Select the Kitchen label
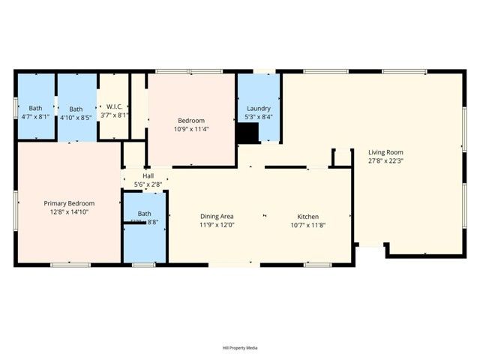[307, 216]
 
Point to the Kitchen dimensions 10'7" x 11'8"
[307, 225]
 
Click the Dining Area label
[216, 216]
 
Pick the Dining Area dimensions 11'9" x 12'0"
[216, 225]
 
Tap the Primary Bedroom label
[69, 203]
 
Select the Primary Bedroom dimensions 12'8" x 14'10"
[69, 212]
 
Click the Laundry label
[259, 108]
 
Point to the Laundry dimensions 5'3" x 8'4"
[259, 117]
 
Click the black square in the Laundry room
[247, 133]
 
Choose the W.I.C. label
[115, 106]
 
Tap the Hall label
[148, 176]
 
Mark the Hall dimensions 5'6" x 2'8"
[148, 184]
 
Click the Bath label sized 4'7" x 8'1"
[35, 108]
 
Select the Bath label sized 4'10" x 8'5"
[76, 108]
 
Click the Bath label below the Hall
[144, 214]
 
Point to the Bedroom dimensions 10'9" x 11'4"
[192, 129]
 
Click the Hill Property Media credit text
[240, 348]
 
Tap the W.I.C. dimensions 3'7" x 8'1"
[115, 115]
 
